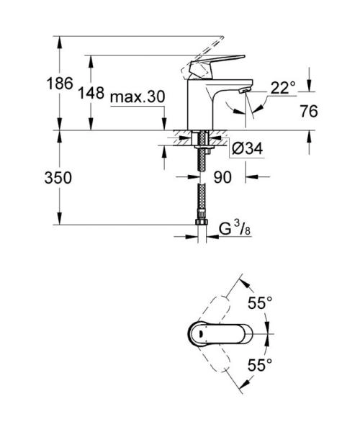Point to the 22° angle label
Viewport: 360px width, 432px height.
(x=283, y=88)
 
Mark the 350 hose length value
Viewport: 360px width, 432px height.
(x=58, y=177)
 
